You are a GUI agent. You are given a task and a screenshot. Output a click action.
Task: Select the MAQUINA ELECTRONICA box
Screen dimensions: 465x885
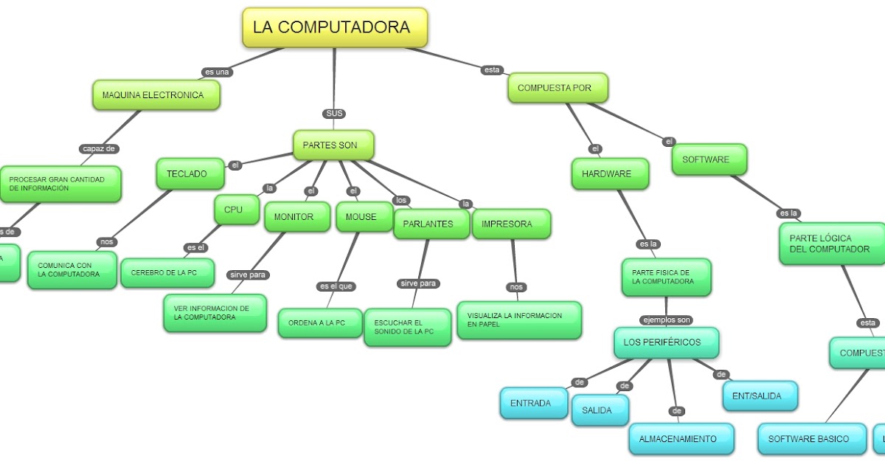[156, 95]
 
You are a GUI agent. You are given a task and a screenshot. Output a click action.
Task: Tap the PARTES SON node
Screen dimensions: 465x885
[333, 145]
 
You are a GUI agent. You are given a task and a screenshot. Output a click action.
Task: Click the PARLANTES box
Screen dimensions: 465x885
[431, 224]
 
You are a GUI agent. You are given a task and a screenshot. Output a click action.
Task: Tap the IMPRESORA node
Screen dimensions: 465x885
[510, 224]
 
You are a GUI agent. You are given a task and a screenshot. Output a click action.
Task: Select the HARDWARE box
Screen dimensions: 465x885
[610, 174]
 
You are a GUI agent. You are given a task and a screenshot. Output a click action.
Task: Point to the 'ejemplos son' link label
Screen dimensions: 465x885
[666, 320]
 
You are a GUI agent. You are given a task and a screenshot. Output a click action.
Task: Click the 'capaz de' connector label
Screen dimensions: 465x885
[99, 148]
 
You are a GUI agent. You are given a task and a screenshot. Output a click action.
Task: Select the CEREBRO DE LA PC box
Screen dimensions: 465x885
[167, 273]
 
